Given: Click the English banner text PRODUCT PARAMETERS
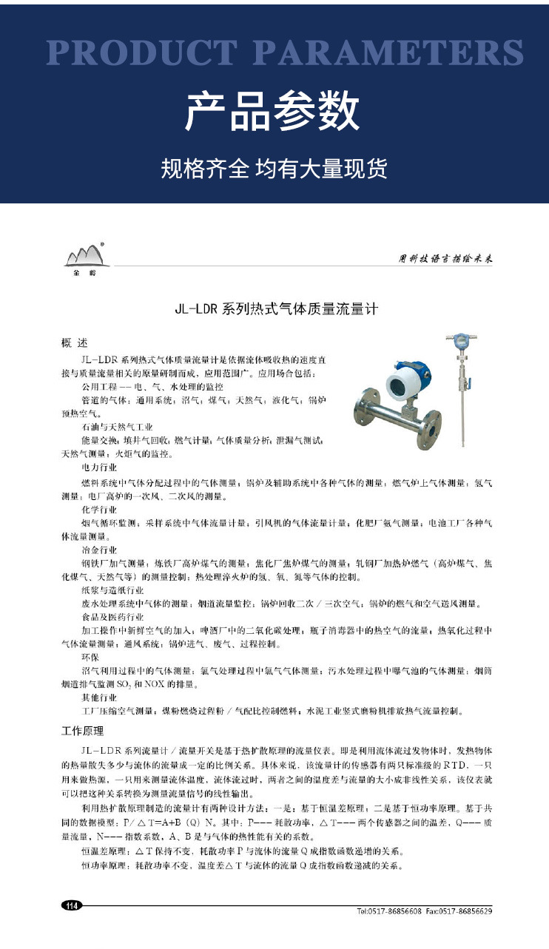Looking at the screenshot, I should pyautogui.click(x=285, y=53).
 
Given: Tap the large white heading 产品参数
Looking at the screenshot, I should pyautogui.click(x=274, y=112).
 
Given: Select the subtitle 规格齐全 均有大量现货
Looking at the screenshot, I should pyautogui.click(x=274, y=169).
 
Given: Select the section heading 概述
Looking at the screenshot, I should pyautogui.click(x=74, y=343).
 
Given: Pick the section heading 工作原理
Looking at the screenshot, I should pyautogui.click(x=82, y=732).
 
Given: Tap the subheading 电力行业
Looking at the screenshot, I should pyautogui.click(x=99, y=468).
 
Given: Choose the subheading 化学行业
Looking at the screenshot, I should pyautogui.click(x=99, y=510).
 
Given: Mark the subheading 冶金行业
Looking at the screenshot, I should pyautogui.click(x=99, y=550).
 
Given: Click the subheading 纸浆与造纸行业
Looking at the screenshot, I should pyautogui.click(x=112, y=590).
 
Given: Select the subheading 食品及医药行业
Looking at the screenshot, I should pyautogui.click(x=112, y=617).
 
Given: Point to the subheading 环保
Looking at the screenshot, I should pyautogui.click(x=90, y=657).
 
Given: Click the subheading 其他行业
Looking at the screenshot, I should pyautogui.click(x=99, y=698).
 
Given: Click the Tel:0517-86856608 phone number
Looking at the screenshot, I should pyautogui.click(x=389, y=911).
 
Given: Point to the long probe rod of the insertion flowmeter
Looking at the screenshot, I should pyautogui.click(x=464, y=414).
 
